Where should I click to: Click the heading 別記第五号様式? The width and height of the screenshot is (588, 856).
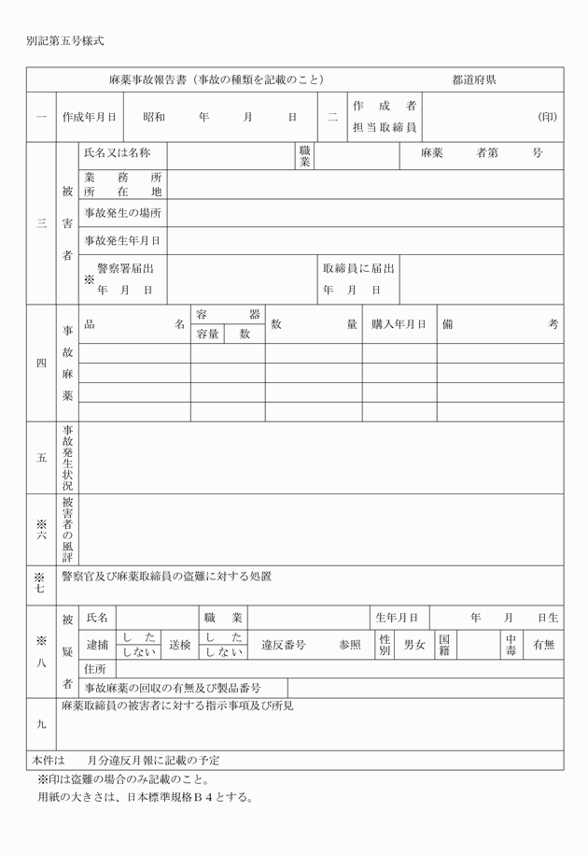(x=64, y=41)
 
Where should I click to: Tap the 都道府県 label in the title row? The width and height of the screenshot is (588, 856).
(x=473, y=80)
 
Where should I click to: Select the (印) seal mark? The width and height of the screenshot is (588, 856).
(x=548, y=118)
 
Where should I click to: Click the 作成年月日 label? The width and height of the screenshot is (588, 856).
(x=90, y=118)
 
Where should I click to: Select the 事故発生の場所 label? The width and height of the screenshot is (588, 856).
(x=122, y=212)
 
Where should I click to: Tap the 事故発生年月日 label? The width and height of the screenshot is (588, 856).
(x=122, y=240)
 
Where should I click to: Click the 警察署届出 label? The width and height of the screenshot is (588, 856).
(x=125, y=268)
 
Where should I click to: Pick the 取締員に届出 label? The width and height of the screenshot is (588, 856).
(x=358, y=268)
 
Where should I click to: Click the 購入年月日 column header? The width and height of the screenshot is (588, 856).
(x=399, y=324)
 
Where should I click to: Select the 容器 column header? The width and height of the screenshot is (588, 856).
(x=228, y=314)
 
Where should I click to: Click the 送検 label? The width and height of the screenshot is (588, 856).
(x=180, y=644)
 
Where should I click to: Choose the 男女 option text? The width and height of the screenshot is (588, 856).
(x=413, y=644)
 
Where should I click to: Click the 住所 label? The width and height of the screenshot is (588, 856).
(x=94, y=668)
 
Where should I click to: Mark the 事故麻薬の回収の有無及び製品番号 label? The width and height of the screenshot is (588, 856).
(x=173, y=688)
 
